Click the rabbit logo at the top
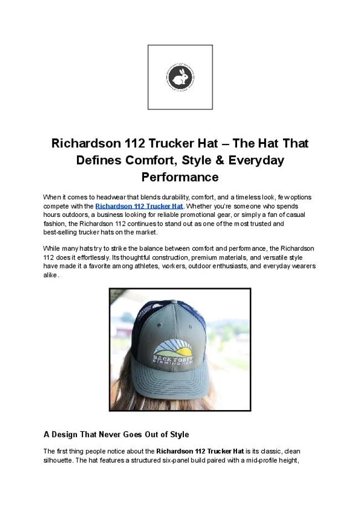point(180,77)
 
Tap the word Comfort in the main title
point(153,160)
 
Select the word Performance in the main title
point(180,178)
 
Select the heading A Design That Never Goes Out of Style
point(116,434)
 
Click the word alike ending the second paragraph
point(50,275)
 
